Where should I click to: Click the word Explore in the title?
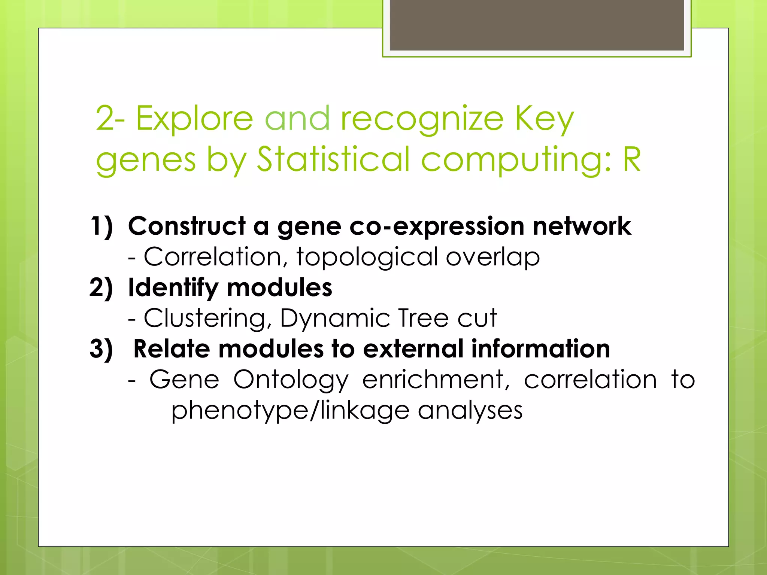click(194, 119)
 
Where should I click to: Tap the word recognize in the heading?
click(422, 119)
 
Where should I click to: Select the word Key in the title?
click(544, 119)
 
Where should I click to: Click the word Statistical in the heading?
click(333, 160)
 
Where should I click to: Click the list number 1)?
click(101, 226)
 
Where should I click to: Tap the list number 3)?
click(101, 349)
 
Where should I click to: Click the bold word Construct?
click(187, 226)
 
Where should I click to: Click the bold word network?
click(582, 226)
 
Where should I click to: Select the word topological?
click(367, 258)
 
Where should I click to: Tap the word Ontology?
click(291, 380)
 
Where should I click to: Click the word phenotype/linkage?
click(290, 411)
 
